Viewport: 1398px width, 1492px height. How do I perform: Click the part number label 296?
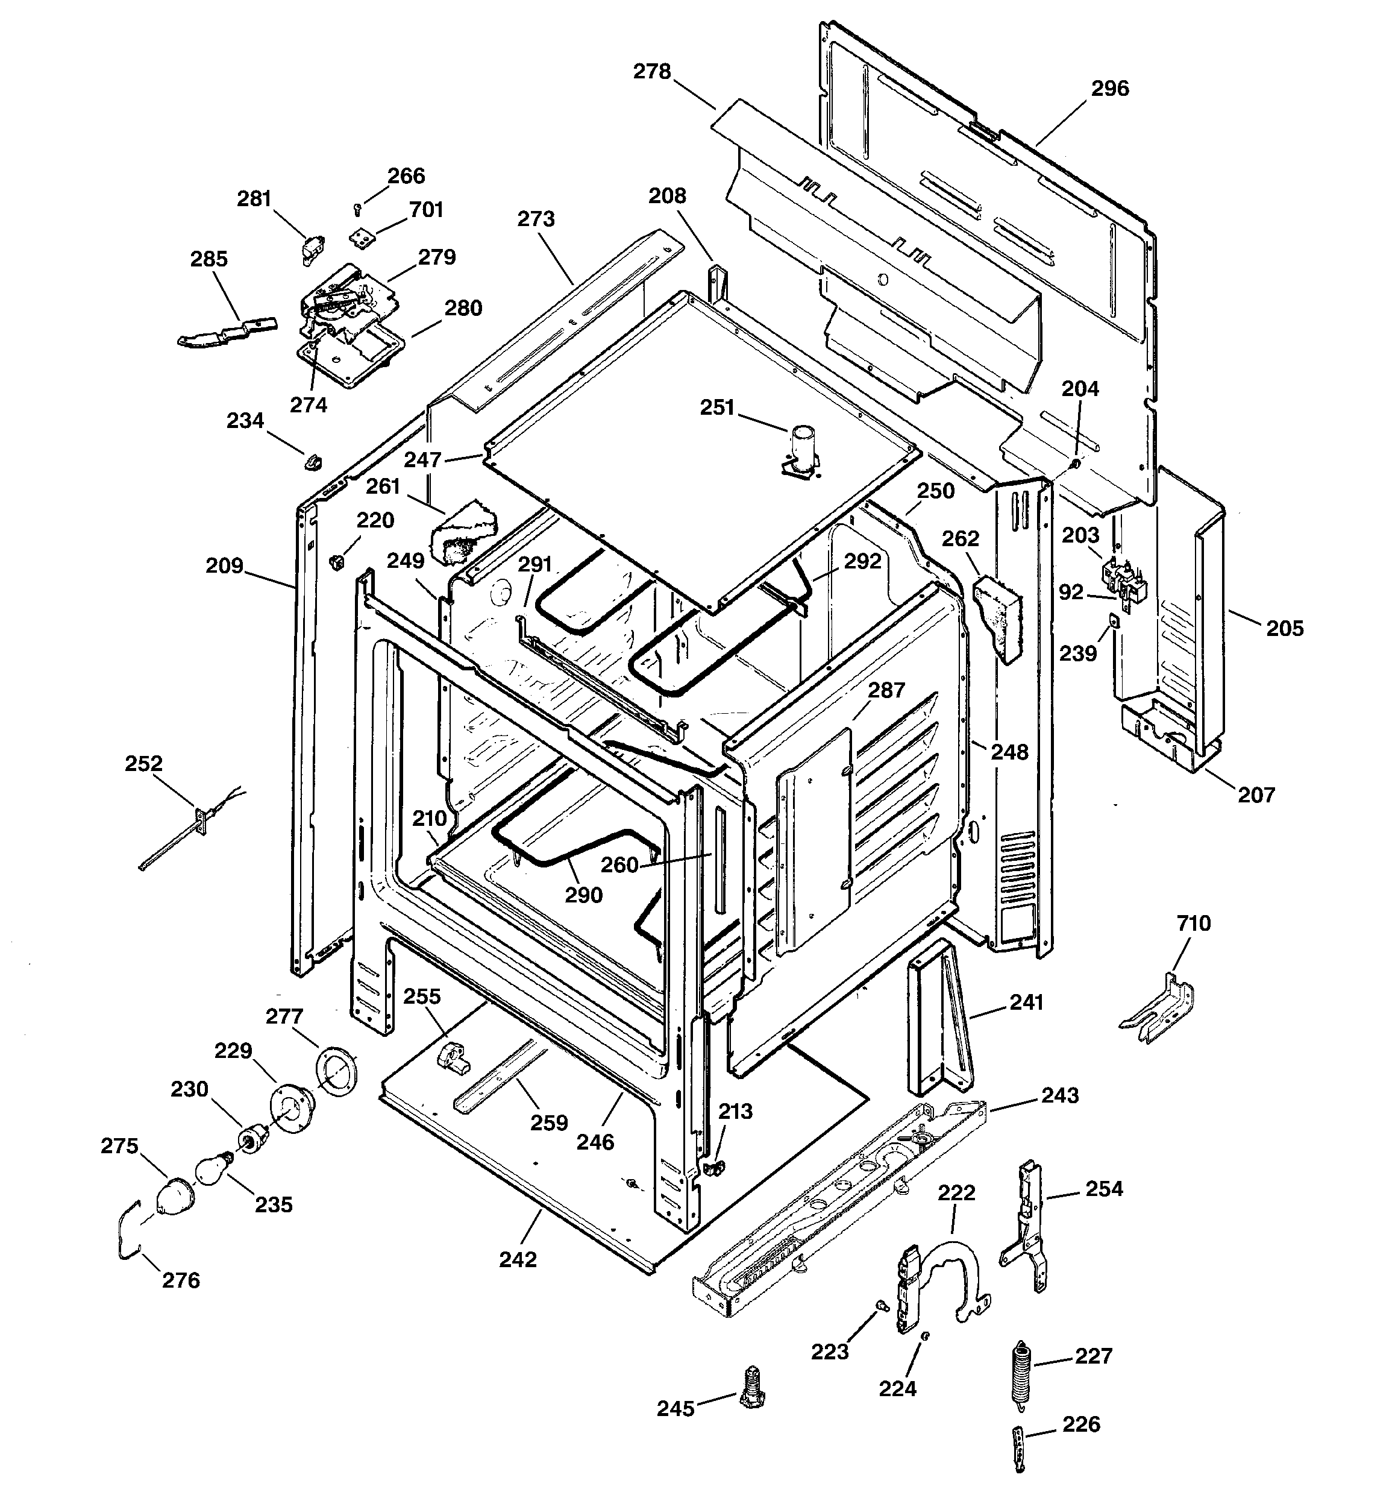click(x=1109, y=89)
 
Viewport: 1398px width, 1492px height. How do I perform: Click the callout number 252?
click(x=143, y=763)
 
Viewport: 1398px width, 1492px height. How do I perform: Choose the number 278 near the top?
click(x=651, y=71)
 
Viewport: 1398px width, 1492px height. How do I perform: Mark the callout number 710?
click(x=1193, y=923)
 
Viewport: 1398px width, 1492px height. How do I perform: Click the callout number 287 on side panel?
click(x=886, y=690)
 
